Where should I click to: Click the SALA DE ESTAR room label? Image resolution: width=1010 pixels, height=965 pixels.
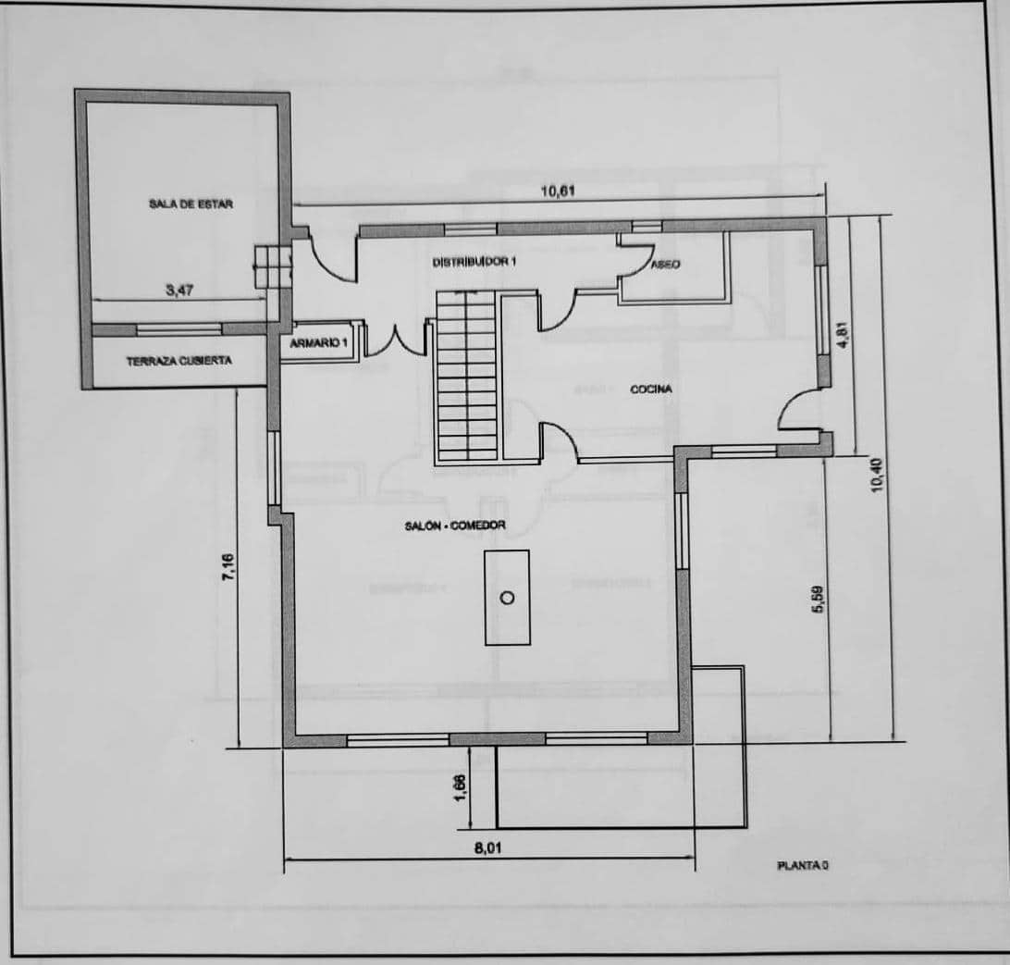click(x=191, y=204)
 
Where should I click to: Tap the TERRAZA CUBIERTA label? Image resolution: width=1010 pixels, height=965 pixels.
click(x=179, y=361)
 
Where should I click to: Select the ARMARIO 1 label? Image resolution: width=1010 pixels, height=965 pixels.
click(x=318, y=343)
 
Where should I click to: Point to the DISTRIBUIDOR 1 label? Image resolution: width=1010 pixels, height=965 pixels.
click(x=474, y=263)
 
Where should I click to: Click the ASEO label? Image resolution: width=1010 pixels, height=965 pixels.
click(x=666, y=265)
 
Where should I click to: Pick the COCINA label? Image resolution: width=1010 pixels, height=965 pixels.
click(x=651, y=390)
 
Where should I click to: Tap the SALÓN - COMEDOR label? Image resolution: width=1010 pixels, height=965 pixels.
click(x=455, y=526)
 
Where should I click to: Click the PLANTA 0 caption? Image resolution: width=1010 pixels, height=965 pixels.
click(x=802, y=866)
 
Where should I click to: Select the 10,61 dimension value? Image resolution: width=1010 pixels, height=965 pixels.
click(x=559, y=192)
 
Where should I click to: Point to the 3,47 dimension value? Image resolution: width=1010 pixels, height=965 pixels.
click(x=180, y=291)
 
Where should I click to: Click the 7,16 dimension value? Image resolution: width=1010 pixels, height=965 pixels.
click(x=228, y=567)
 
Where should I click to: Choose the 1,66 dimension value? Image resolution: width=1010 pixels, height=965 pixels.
click(x=462, y=788)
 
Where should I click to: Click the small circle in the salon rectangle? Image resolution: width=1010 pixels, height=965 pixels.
click(x=507, y=598)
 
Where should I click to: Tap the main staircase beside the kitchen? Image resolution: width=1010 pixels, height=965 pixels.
click(x=466, y=379)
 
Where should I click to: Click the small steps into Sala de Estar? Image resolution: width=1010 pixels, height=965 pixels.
click(x=272, y=266)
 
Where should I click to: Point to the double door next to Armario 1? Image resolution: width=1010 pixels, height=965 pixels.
click(x=397, y=340)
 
